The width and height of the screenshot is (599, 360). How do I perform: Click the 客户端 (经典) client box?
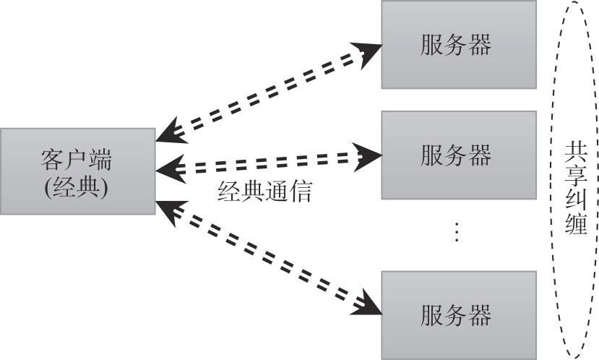click(77, 171)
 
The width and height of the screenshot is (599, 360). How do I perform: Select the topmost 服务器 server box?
click(459, 45)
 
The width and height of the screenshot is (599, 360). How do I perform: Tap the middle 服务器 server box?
click(459, 155)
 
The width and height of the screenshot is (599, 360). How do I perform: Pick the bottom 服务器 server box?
click(459, 314)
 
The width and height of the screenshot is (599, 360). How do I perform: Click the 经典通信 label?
click(265, 191)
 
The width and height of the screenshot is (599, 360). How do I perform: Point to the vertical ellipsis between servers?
click(456, 231)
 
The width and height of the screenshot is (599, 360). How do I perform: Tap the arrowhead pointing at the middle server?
click(369, 154)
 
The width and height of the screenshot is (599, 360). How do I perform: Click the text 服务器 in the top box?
click(456, 45)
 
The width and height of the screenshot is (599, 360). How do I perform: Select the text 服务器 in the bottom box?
click(456, 315)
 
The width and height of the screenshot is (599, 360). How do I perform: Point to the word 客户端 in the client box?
click(77, 158)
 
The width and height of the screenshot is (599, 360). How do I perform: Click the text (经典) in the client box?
click(77, 186)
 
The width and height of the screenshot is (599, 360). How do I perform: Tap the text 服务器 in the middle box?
click(456, 155)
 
